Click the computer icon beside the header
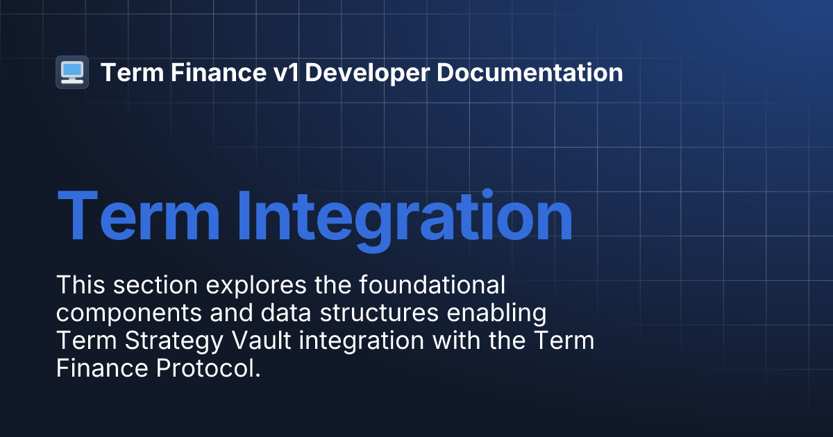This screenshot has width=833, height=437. [x=71, y=72]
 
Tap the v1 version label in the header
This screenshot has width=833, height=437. [x=287, y=72]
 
